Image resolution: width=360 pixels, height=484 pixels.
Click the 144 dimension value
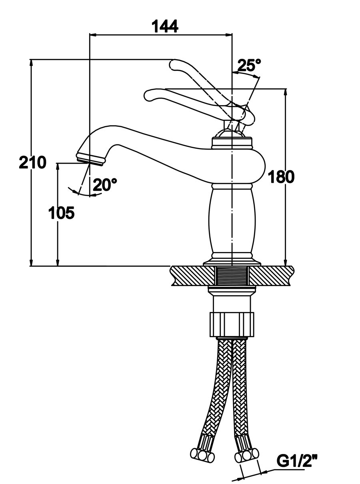164,26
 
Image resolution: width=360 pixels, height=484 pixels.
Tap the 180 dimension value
281,176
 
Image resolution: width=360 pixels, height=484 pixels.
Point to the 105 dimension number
61,213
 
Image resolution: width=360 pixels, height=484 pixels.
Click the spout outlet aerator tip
90,159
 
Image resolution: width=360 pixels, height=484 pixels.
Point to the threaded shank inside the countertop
232,276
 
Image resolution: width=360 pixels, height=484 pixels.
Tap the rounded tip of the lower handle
148,95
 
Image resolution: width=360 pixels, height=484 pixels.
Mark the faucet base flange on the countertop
232,262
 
